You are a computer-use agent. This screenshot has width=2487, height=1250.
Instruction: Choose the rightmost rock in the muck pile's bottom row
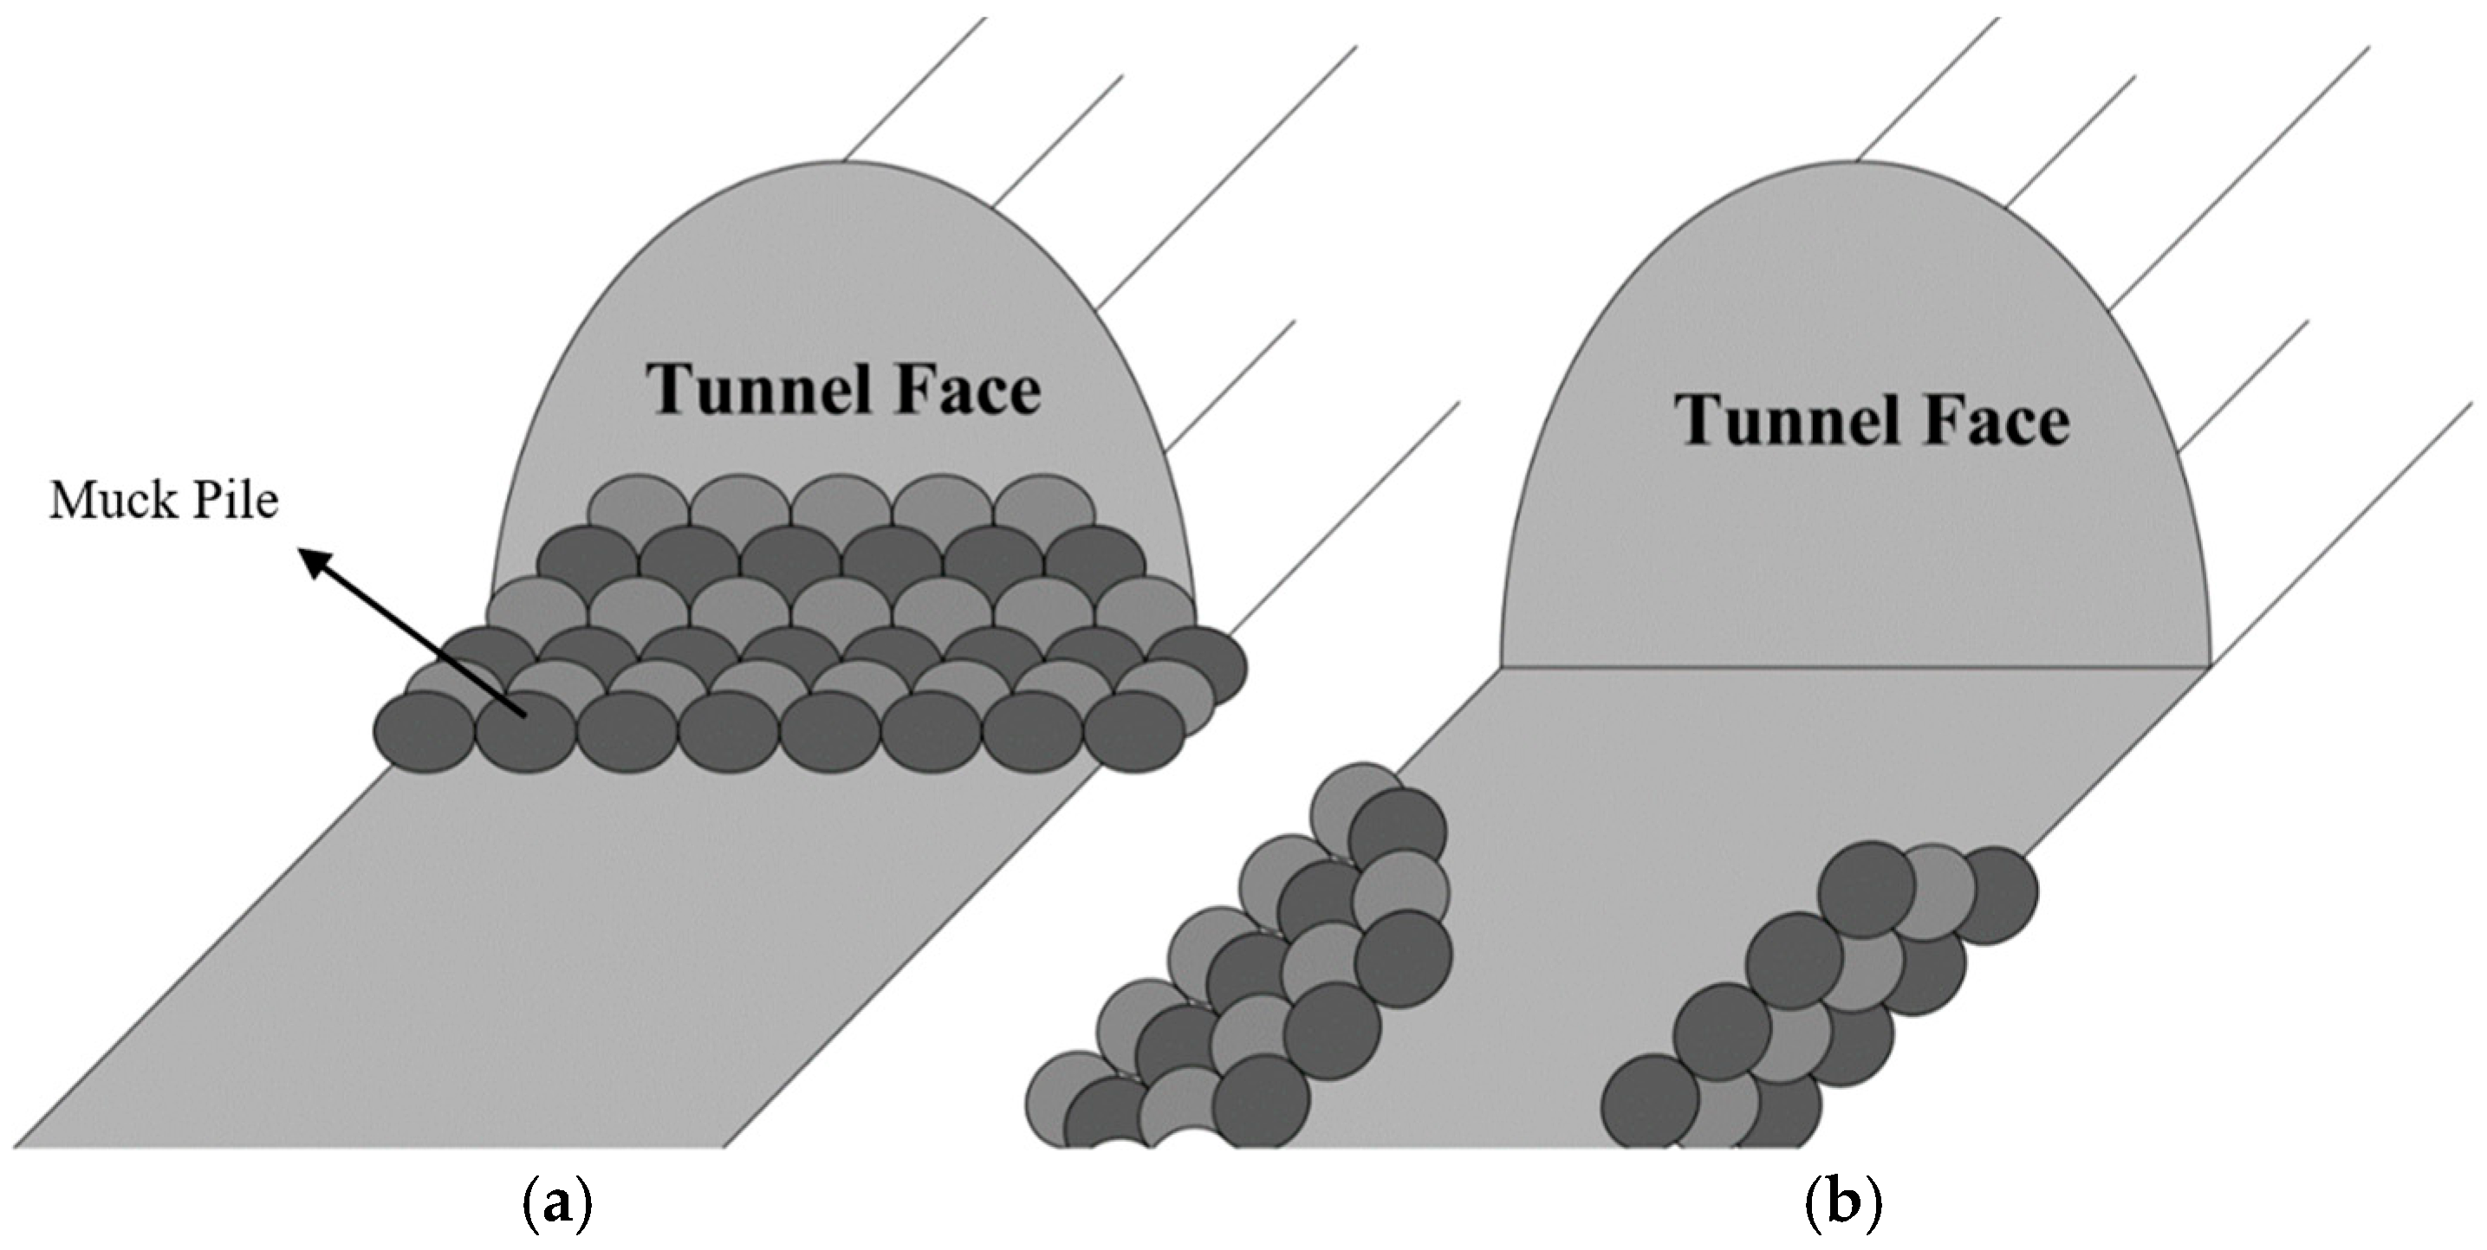coord(1134,731)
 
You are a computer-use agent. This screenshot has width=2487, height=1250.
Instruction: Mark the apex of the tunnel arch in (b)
coord(1855,162)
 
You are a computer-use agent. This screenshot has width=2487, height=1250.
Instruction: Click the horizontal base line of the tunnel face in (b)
coord(1854,666)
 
